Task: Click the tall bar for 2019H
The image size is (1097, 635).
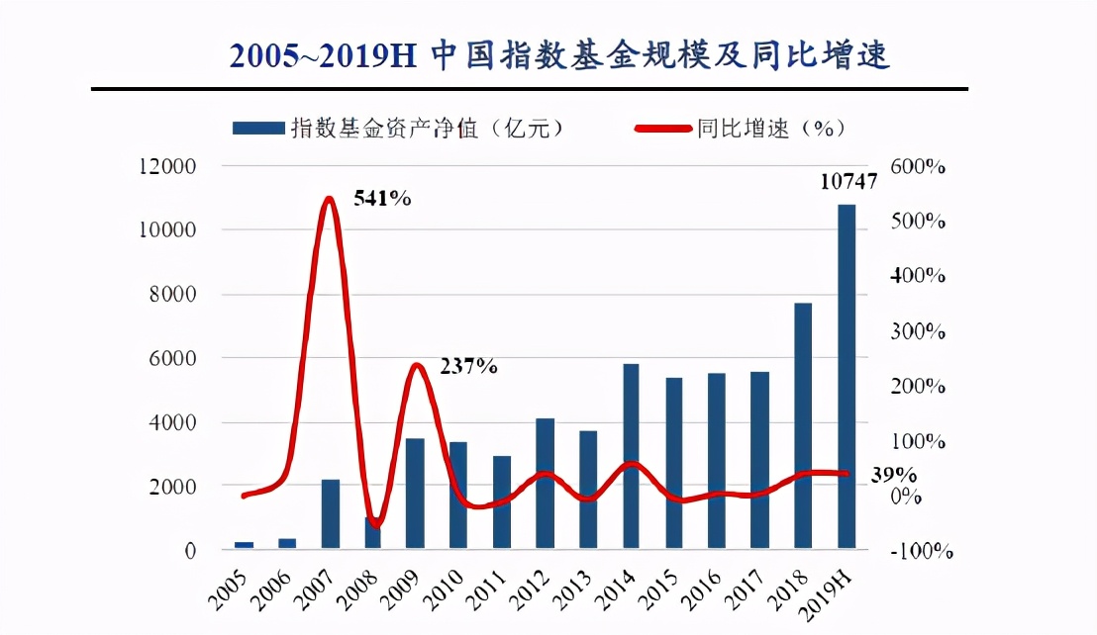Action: [848, 376]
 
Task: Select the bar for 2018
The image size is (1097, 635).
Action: [804, 425]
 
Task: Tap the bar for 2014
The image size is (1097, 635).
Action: [632, 456]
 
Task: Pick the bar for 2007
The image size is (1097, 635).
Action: [331, 514]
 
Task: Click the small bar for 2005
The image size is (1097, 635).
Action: [244, 544]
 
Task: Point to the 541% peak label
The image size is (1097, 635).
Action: [381, 198]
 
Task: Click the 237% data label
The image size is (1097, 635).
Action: [467, 366]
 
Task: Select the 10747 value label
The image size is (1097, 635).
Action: [848, 182]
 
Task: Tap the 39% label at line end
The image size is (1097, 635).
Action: [893, 475]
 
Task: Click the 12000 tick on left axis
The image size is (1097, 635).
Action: [168, 166]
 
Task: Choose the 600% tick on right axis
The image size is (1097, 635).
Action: [918, 166]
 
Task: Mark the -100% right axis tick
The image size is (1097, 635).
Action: [921, 551]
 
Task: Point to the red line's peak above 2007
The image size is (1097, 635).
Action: [331, 200]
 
